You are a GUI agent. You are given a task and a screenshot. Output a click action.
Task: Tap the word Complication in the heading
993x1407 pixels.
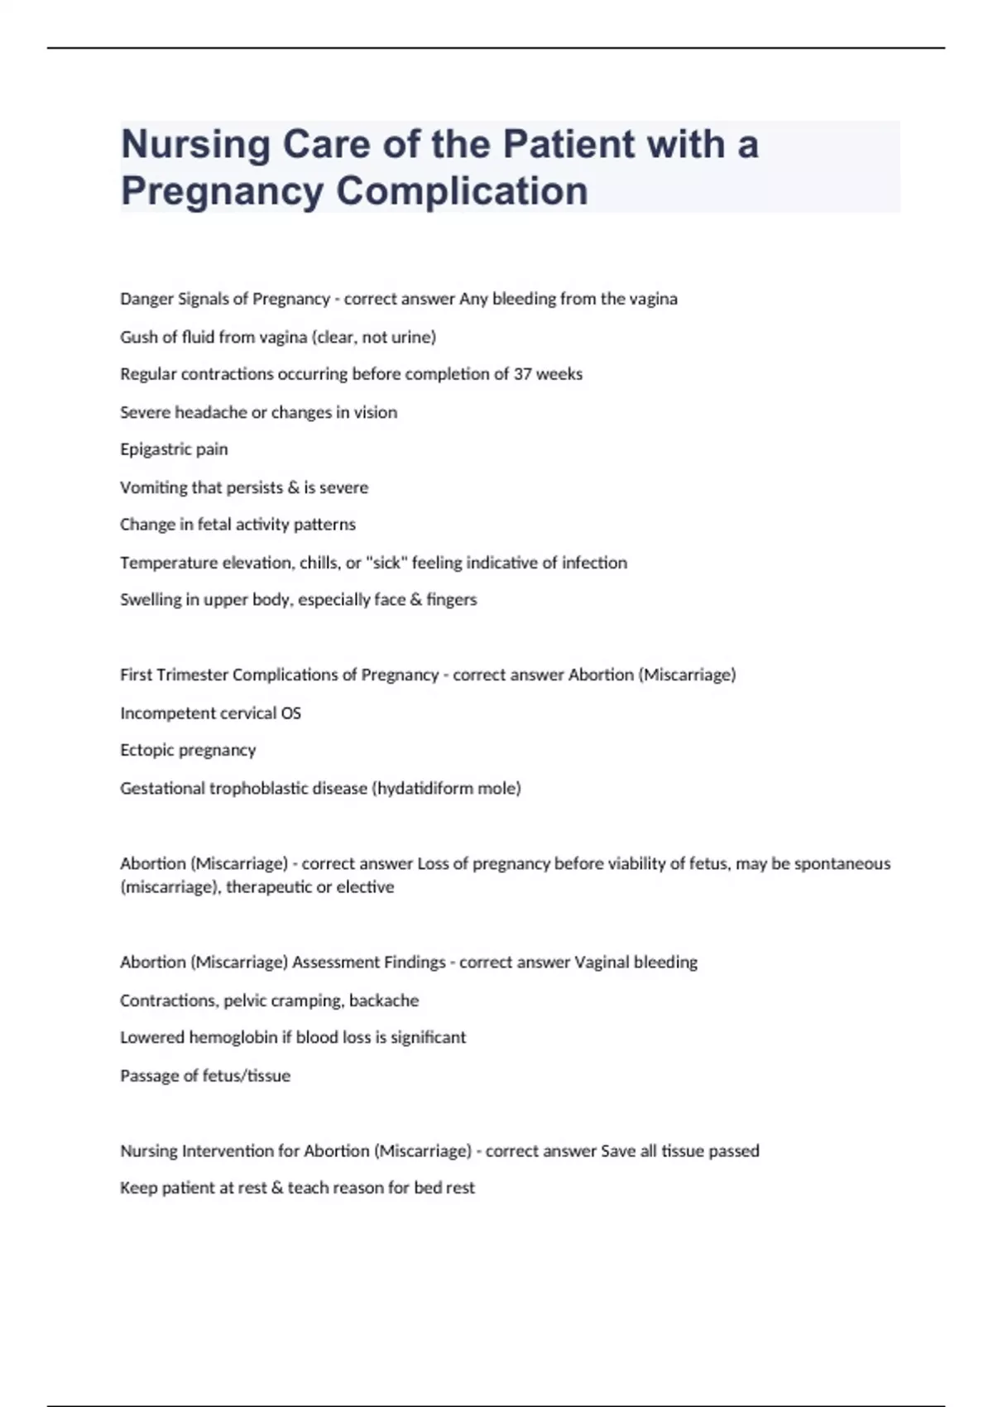click(462, 191)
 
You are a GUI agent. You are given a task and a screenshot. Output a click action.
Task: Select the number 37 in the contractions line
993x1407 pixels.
click(522, 374)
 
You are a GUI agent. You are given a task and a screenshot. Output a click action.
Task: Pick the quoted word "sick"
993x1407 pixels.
click(383, 563)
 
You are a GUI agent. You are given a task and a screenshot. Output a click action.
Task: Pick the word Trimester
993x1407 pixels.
click(192, 675)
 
